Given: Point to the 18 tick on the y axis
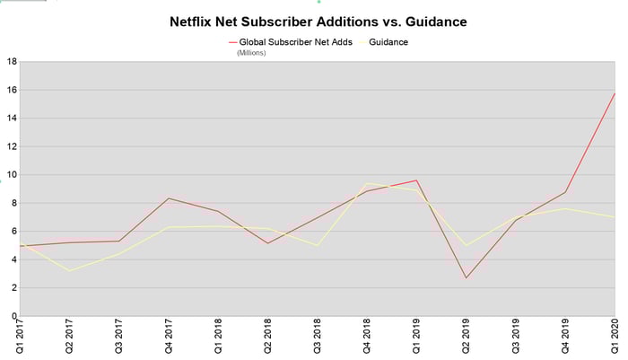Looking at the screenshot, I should click(x=11, y=62).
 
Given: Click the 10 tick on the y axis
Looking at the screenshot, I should click(x=11, y=175).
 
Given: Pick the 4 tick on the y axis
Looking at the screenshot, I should click(x=13, y=260).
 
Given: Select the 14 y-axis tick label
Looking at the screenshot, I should click(x=11, y=119).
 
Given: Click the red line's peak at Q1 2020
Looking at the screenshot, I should click(x=615, y=93).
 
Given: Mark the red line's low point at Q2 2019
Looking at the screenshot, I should click(x=466, y=277).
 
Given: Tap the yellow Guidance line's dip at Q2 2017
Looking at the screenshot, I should click(x=69, y=271).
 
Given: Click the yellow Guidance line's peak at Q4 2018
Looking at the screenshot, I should click(x=367, y=183).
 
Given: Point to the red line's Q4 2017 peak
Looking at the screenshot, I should click(x=169, y=198).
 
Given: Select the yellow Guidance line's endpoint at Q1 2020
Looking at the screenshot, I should click(x=615, y=217).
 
